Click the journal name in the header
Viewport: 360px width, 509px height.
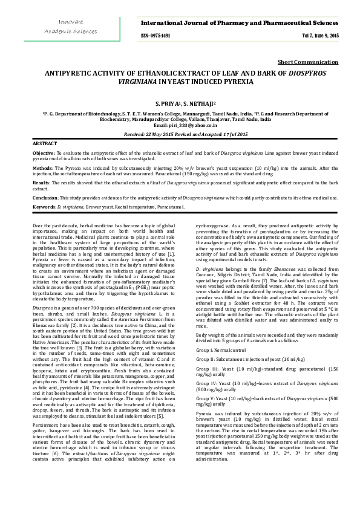point(240,22)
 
